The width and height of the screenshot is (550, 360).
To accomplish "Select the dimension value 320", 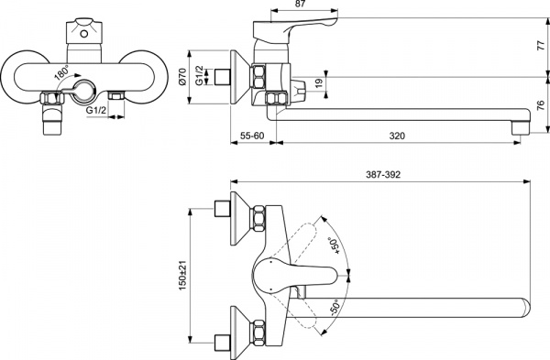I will [x=397, y=136].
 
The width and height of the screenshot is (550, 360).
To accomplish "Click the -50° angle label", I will [x=335, y=311].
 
